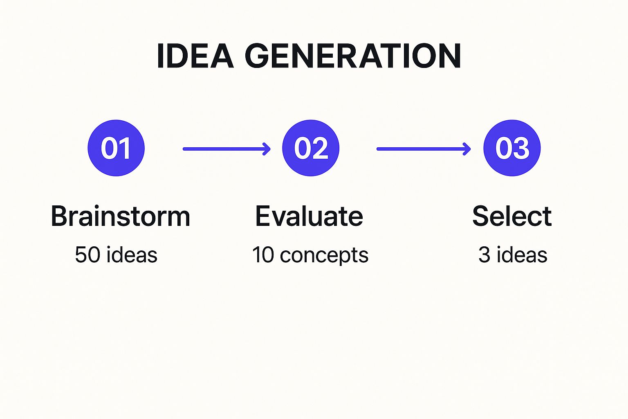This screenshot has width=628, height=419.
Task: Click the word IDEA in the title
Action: [195, 56]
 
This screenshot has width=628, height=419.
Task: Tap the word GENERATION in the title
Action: [353, 56]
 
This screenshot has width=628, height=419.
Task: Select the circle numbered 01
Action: [116, 148]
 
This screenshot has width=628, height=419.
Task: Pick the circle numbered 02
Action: [311, 148]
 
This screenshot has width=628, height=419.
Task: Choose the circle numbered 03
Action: [512, 148]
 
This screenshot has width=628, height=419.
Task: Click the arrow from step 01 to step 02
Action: [227, 149]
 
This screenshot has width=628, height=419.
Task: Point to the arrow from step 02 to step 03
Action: [424, 149]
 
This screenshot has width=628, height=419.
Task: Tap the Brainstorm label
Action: [121, 216]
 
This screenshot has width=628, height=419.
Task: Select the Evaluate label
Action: [309, 216]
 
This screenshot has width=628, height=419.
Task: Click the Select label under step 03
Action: [512, 216]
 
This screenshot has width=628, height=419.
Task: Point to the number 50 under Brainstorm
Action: [87, 255]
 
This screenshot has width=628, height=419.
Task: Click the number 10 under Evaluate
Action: [263, 255]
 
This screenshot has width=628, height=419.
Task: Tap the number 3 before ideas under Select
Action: [484, 255]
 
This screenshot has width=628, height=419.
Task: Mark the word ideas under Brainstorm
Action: [132, 254]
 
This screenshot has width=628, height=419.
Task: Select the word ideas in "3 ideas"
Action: [522, 254]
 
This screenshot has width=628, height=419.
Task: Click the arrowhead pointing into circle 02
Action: [266, 149]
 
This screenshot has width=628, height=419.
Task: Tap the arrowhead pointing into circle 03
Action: [467, 149]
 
